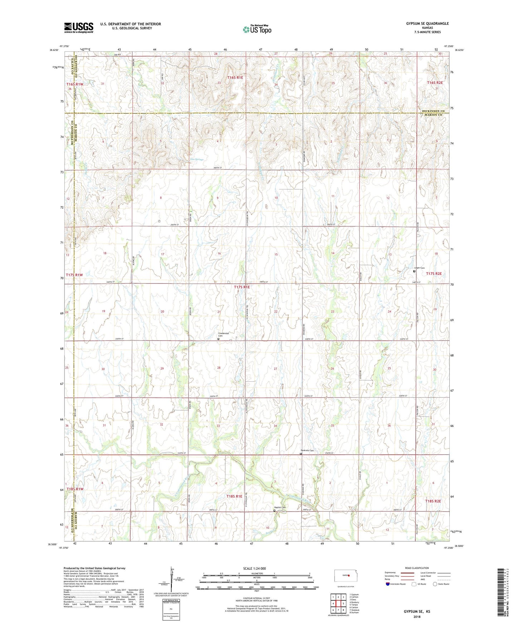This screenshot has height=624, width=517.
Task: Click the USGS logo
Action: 78,28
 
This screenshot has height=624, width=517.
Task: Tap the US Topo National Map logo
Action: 257,29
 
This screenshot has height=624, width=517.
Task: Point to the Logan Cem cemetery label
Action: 419,268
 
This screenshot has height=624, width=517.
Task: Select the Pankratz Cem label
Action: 307,451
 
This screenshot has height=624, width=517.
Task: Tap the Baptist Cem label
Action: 280,507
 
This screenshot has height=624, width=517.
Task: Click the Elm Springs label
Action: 196,159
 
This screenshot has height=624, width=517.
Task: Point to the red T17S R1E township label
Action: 242,287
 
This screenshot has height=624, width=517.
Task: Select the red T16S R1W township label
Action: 74,84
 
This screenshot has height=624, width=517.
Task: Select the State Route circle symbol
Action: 435,584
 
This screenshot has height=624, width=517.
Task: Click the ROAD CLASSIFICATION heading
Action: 416,568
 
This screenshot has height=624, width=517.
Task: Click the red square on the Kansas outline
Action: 348,575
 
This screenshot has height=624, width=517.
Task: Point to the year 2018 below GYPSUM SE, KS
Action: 417,616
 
